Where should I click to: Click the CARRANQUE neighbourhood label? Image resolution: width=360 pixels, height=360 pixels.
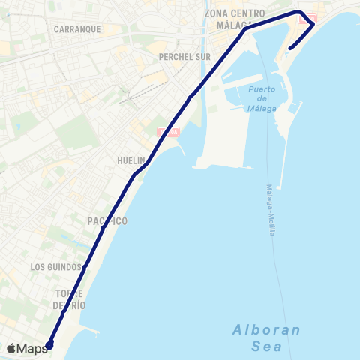tap(77, 29)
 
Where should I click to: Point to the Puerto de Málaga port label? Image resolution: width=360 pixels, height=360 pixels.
tap(261, 99)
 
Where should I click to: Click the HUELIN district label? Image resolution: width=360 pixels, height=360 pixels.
tap(130, 160)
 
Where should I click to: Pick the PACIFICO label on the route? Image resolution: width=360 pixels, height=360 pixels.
tap(106, 221)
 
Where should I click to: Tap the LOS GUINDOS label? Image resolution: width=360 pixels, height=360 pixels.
tap(55, 267)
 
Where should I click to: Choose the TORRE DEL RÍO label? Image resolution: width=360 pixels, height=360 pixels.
tap(70, 299)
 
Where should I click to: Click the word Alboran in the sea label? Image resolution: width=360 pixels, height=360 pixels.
tap(266, 329)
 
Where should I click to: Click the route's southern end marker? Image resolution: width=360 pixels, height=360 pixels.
tap(49, 345)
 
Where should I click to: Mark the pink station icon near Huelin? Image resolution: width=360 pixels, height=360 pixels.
tap(169, 133)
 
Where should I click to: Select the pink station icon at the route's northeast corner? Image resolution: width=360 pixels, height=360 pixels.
tap(308, 19)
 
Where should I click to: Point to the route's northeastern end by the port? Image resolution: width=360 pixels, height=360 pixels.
tap(289, 49)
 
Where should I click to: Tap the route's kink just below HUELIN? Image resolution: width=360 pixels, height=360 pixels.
tap(135, 175)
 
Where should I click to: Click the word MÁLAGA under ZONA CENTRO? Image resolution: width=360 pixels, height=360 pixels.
tap(233, 25)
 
